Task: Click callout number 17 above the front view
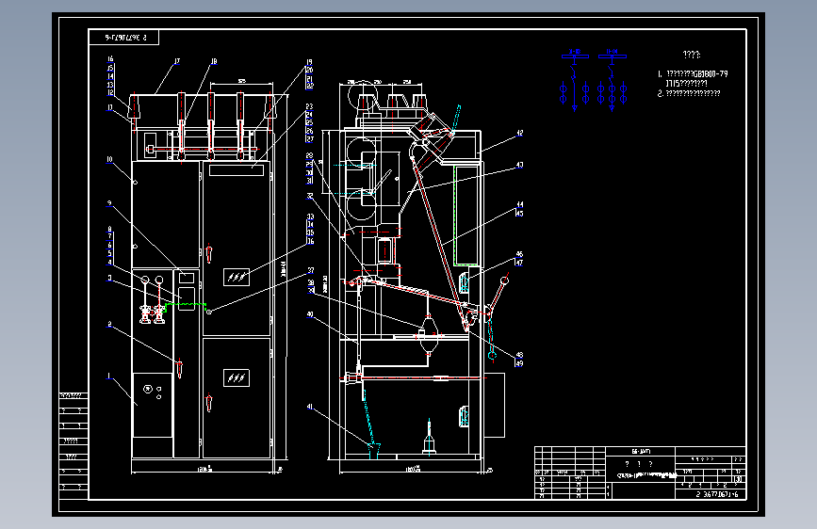(x=176, y=62)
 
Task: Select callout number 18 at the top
(x=214, y=62)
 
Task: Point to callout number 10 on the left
(x=109, y=159)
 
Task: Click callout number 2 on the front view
(x=109, y=325)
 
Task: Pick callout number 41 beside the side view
(x=309, y=407)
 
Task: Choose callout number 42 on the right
(x=519, y=135)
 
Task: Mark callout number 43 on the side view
(x=519, y=166)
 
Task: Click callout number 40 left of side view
(x=309, y=315)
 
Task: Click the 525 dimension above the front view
(x=241, y=83)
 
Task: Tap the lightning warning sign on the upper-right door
(x=237, y=276)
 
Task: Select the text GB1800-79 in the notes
(x=709, y=73)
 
